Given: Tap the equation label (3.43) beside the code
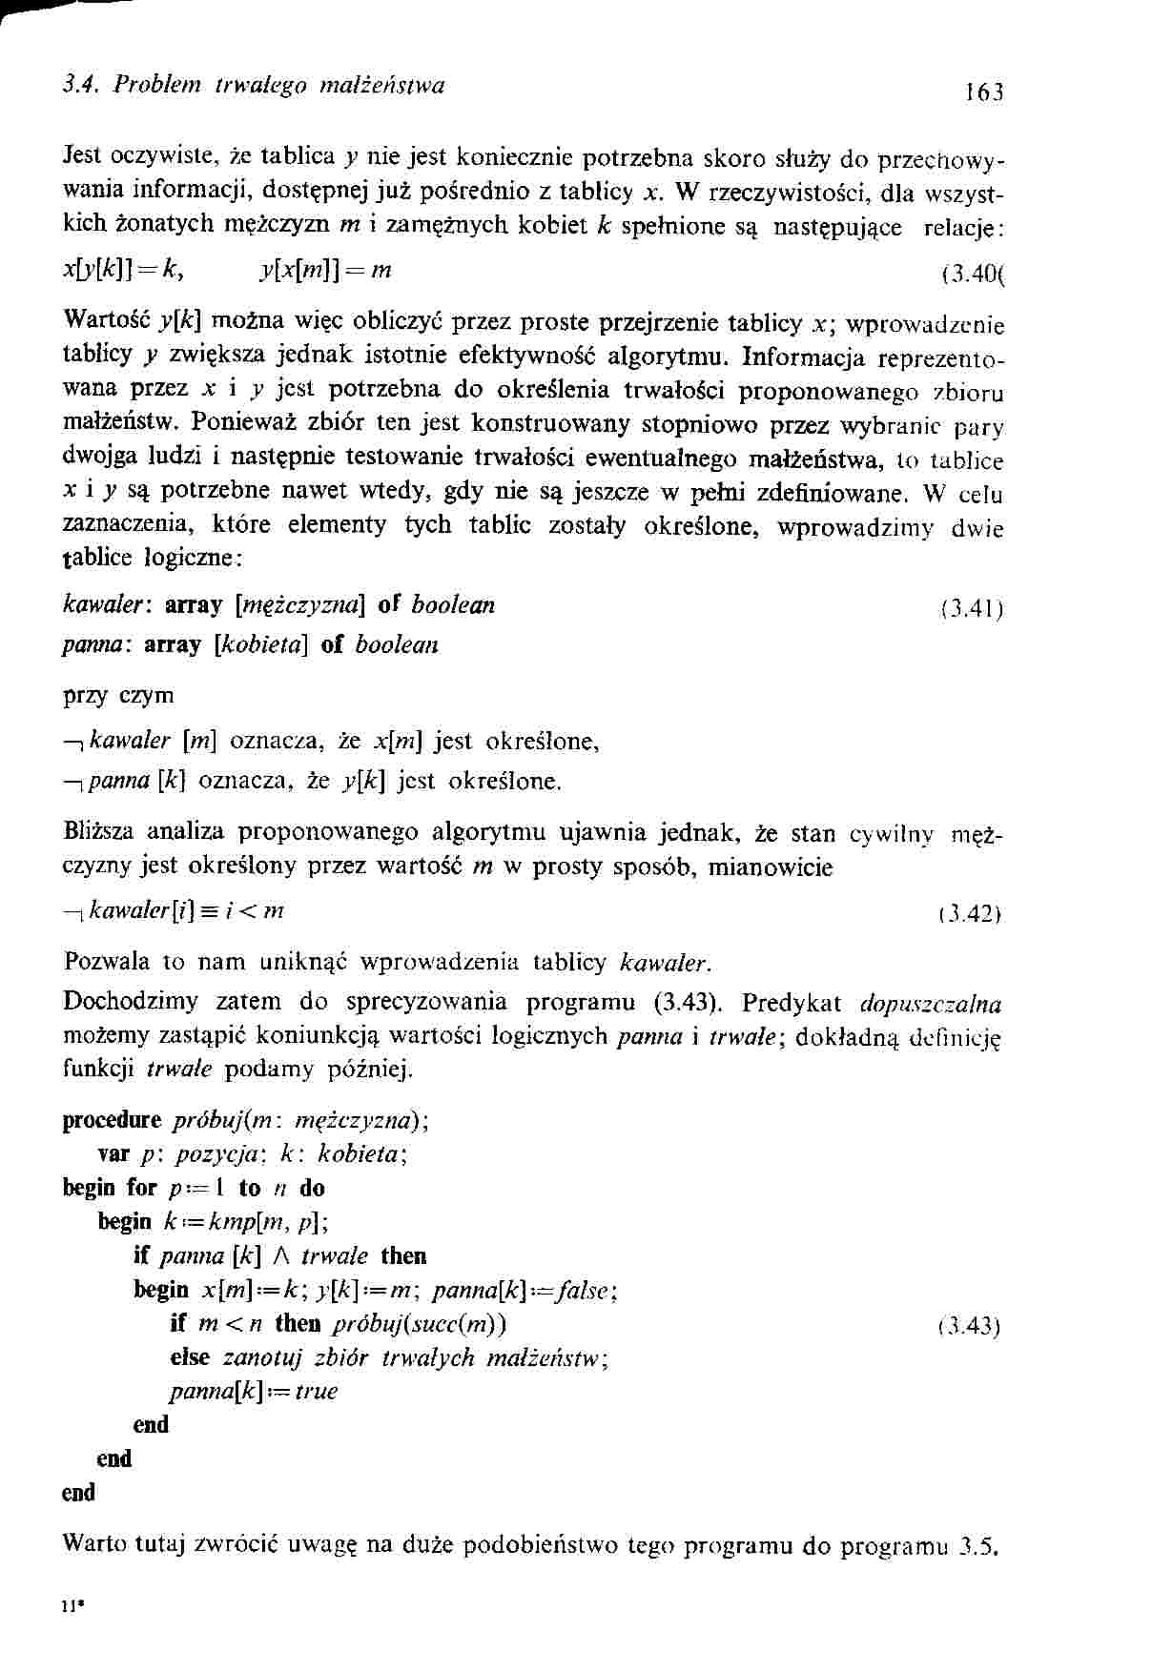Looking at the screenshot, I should tap(969, 1326).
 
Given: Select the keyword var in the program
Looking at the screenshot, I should tap(113, 1154).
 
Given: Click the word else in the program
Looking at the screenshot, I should tap(190, 1356).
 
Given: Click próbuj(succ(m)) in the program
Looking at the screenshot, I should tap(420, 1324).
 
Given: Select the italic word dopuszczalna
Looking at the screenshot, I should tap(930, 1004).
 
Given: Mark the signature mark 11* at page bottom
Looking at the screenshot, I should tap(69, 1605).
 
